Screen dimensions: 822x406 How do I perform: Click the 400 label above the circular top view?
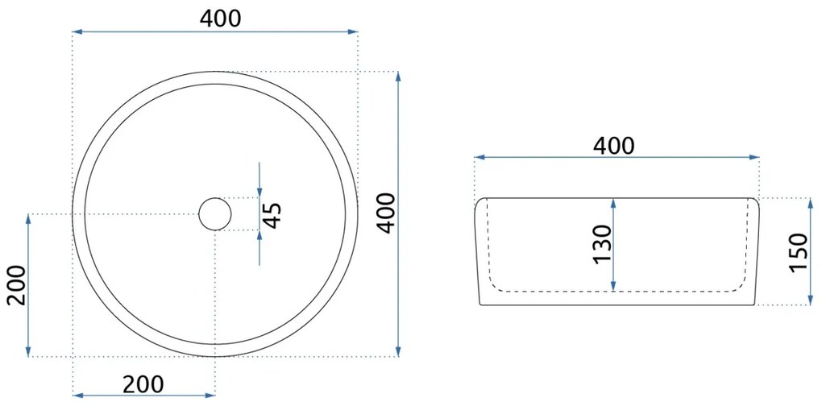[x=220, y=19]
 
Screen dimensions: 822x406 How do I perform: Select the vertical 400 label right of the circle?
[x=387, y=213]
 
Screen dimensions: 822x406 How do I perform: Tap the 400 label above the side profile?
[x=613, y=146]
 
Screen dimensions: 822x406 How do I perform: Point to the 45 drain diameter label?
[x=272, y=215]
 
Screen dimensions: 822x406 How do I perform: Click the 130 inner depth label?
[x=603, y=244]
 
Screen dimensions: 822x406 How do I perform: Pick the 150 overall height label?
[x=799, y=252]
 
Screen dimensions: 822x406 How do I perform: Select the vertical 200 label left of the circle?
[x=16, y=285]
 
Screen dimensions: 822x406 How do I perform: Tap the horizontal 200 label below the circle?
[x=143, y=385]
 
